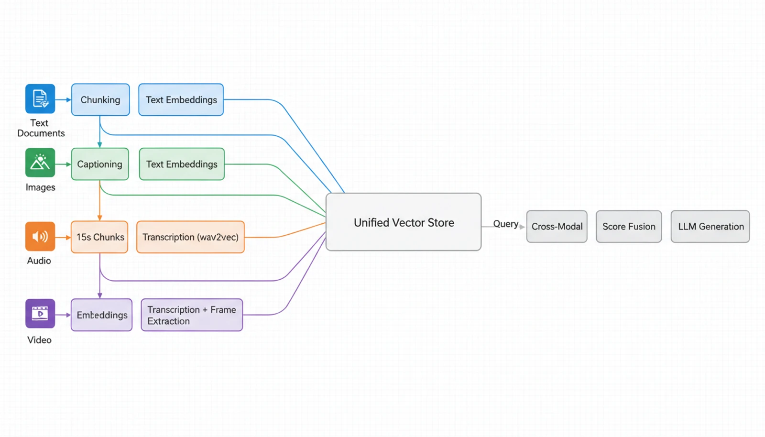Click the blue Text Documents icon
[40, 99]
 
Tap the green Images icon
[40, 163]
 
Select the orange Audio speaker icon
[40, 236]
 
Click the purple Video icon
[40, 314]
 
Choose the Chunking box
[100, 100]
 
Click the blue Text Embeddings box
[181, 100]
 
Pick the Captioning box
[100, 164]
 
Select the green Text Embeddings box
[182, 164]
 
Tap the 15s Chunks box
[100, 237]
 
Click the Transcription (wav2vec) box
[190, 237]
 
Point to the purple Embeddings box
[102, 315]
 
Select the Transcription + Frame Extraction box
[192, 315]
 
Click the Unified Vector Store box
[404, 222]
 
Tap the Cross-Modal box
[557, 227]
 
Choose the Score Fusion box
[629, 227]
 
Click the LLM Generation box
[710, 227]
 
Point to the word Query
[505, 224]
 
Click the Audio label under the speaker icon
[39, 261]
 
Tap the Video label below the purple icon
[39, 340]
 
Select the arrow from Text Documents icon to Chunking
[63, 99]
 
